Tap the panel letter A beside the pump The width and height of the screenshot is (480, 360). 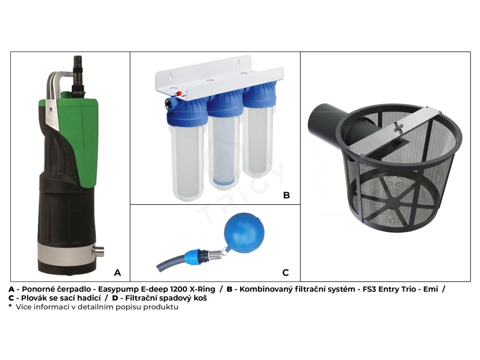pyautogui.click(x=117, y=273)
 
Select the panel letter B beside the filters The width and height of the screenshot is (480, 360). pyautogui.click(x=286, y=195)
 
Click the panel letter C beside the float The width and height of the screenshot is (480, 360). pyautogui.click(x=285, y=273)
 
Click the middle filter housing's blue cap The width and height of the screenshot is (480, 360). pyautogui.click(x=225, y=105)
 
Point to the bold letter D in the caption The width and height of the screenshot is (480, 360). pyautogui.click(x=115, y=298)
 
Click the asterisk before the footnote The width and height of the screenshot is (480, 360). pyautogui.click(x=10, y=306)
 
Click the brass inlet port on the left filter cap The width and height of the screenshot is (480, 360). pyautogui.click(x=169, y=102)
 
